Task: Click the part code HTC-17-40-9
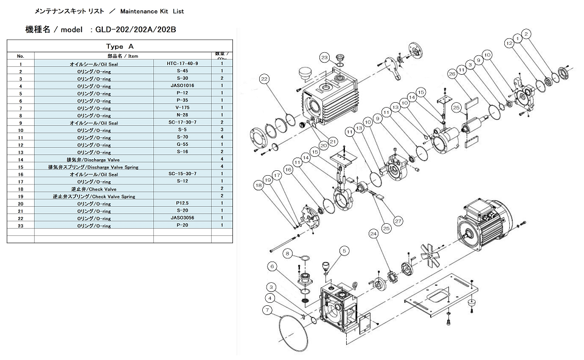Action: click(x=182, y=63)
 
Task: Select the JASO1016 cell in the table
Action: click(x=182, y=86)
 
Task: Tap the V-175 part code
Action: click(x=182, y=108)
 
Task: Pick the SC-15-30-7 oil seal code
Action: click(x=182, y=173)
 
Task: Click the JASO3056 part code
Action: click(x=182, y=218)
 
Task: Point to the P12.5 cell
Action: click(x=182, y=203)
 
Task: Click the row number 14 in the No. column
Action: click(x=21, y=159)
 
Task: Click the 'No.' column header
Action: click(x=21, y=56)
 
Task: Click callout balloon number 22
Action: click(x=263, y=79)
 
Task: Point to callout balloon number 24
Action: click(x=373, y=233)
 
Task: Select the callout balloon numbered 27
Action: click(x=398, y=221)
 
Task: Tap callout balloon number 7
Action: click(x=266, y=310)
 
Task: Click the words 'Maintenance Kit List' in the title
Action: click(x=151, y=11)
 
